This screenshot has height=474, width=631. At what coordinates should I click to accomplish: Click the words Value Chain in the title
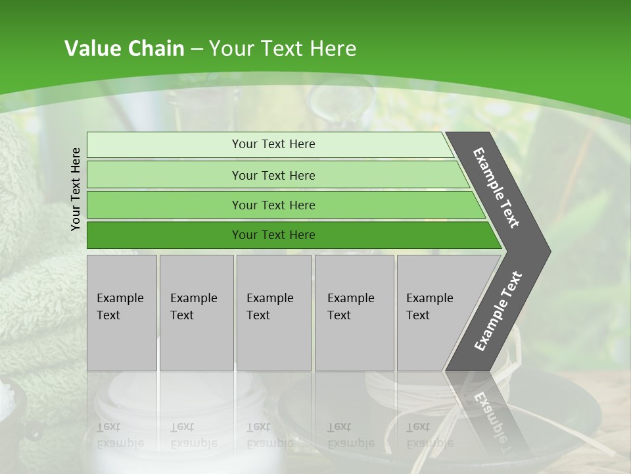pos(124,49)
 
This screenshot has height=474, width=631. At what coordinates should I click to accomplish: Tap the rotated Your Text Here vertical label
pos(76,189)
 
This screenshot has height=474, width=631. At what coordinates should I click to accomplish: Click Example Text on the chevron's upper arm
pos(496,188)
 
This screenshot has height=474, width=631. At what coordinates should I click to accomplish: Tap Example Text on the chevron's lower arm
pos(498,311)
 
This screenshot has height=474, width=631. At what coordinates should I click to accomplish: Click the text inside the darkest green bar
pos(273,235)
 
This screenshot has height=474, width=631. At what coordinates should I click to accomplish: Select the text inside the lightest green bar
pos(273,144)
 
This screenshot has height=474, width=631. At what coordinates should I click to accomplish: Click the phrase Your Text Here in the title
pos(283,49)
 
